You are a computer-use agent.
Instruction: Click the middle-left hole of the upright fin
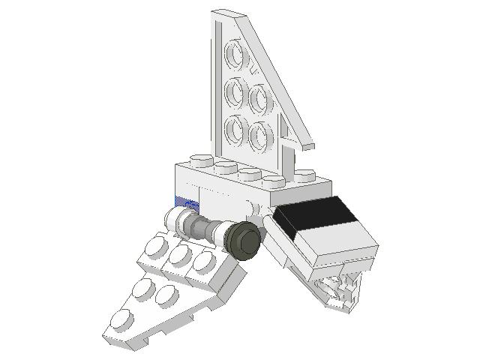click(x=238, y=92)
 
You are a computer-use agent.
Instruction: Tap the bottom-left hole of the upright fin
click(x=238, y=130)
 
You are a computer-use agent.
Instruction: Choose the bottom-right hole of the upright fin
click(x=260, y=136)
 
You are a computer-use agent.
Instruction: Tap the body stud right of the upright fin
click(x=304, y=176)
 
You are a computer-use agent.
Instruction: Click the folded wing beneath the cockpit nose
click(x=337, y=289)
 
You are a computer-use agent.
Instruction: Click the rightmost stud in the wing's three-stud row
click(x=205, y=262)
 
